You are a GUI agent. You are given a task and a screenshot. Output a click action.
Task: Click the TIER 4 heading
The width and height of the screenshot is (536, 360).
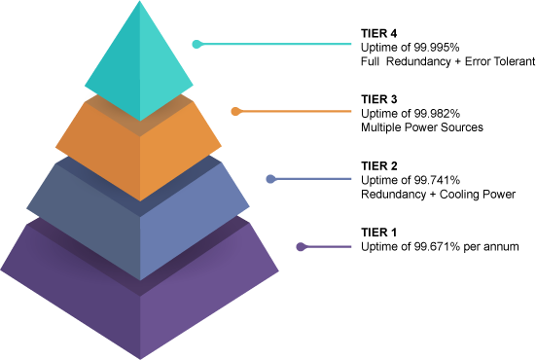coord(378,33)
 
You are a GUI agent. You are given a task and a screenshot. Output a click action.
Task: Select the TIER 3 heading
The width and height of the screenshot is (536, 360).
coord(378,99)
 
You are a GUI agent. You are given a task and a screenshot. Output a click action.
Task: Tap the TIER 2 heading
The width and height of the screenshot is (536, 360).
coord(378,166)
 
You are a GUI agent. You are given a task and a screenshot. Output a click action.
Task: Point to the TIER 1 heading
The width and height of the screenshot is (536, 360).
coord(378,233)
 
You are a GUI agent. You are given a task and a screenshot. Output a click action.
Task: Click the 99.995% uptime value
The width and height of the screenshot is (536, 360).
coord(437,48)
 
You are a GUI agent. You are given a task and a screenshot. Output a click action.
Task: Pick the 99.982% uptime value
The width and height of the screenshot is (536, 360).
coord(437,114)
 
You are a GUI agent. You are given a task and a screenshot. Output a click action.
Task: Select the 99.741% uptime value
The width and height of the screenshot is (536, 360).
coord(437,180)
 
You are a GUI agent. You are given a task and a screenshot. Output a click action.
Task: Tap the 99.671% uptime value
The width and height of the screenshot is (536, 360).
coord(437,246)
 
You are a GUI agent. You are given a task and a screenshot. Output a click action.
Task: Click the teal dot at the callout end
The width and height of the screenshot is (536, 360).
coord(197,44)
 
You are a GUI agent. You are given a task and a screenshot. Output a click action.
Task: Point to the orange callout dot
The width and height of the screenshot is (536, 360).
coord(235,112)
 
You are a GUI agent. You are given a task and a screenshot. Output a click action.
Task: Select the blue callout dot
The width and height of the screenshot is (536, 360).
coord(270,179)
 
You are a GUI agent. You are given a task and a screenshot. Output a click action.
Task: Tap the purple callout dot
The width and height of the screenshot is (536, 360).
coord(301,247)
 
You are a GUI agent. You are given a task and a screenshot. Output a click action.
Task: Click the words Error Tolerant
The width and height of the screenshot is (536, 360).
coord(500,61)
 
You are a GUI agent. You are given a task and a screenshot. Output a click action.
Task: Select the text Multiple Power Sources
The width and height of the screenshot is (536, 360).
coord(422,127)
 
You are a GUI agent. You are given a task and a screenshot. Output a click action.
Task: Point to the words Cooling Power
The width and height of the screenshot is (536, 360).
coord(478,195)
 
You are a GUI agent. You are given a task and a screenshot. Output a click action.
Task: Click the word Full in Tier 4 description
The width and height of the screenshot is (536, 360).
coord(370,61)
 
